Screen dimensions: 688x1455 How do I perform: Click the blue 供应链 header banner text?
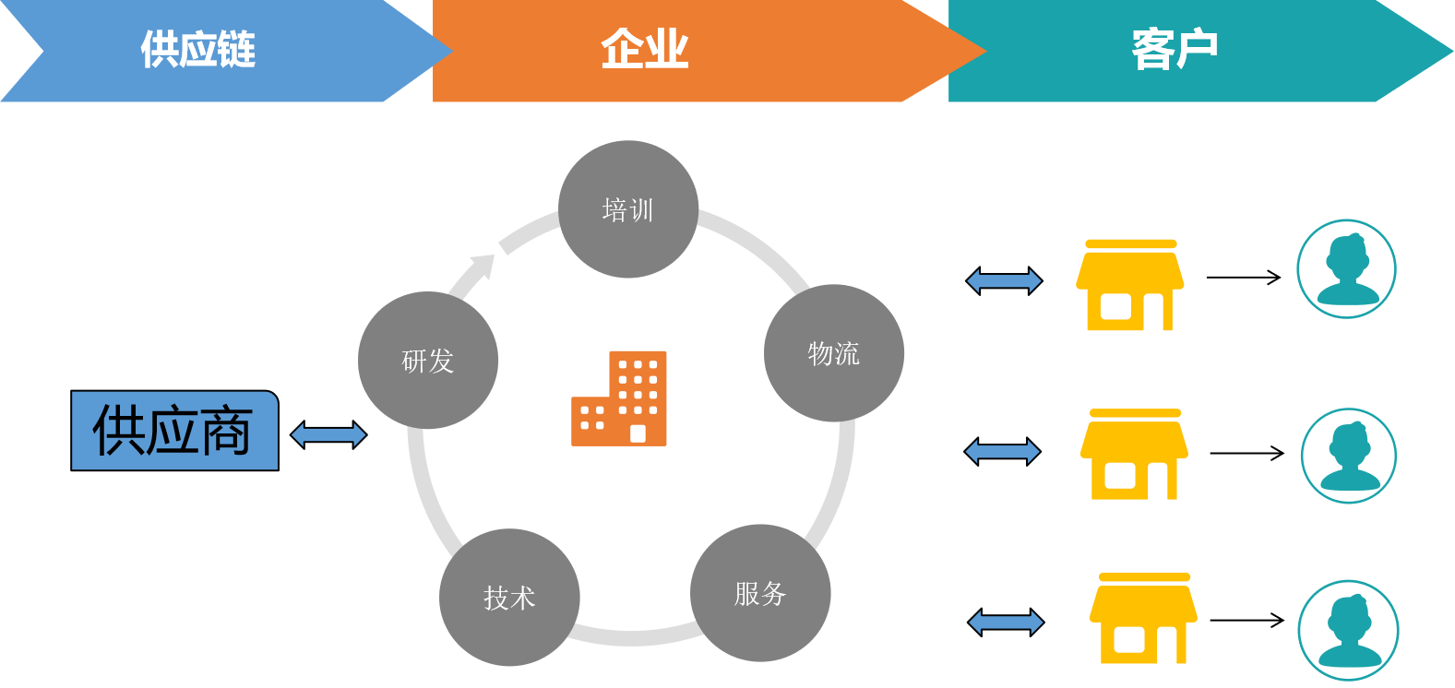(197, 50)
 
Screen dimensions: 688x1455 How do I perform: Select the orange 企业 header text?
(644, 50)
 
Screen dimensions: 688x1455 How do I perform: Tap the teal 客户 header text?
(1175, 50)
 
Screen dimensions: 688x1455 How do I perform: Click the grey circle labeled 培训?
(628, 209)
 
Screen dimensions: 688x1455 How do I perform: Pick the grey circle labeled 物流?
(834, 353)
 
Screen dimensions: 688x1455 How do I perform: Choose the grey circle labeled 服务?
(760, 593)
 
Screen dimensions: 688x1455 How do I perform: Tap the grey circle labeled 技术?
(509, 598)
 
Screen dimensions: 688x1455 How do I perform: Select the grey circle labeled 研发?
(428, 361)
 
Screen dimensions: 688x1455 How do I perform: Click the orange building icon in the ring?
(619, 398)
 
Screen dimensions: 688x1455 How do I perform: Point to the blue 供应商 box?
(174, 431)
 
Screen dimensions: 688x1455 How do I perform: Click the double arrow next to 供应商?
(328, 434)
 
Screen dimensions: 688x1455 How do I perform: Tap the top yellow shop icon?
(1129, 286)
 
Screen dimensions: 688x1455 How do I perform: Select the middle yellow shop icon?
(1134, 455)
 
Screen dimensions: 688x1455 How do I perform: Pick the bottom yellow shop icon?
(1143, 619)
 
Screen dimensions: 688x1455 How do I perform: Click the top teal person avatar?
(1346, 269)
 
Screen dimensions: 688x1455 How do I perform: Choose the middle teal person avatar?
(1349, 456)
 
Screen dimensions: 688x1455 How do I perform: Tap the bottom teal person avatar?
(1348, 630)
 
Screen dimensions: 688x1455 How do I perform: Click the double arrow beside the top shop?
(1004, 280)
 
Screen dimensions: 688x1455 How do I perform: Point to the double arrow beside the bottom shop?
(1006, 623)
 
